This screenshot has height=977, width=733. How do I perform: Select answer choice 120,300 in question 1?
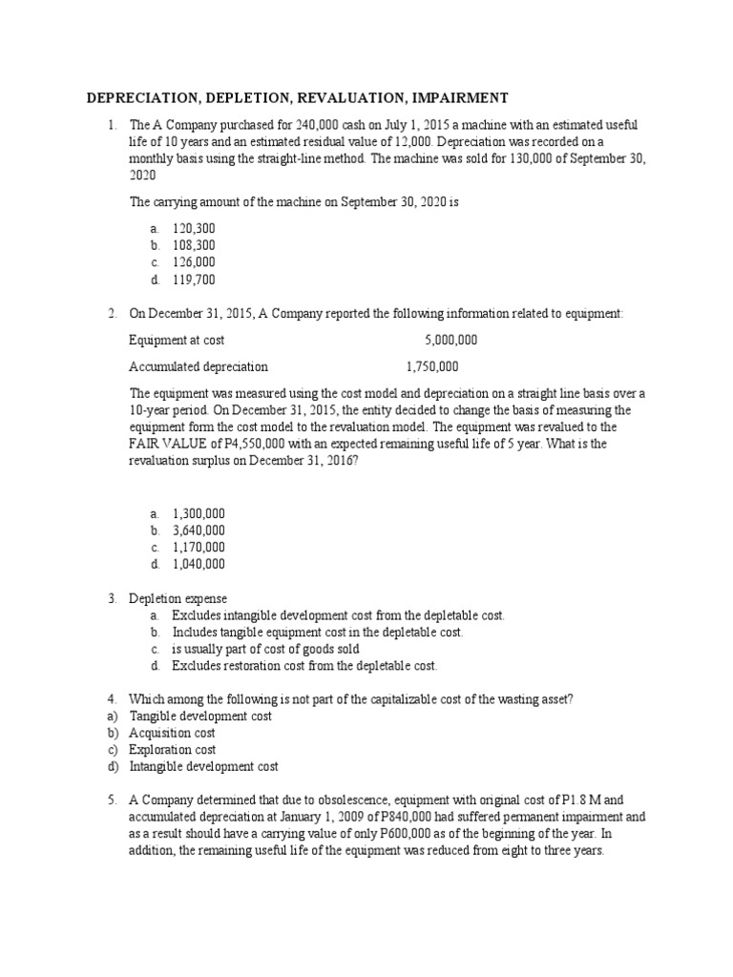click(194, 229)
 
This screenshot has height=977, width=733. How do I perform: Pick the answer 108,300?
click(194, 245)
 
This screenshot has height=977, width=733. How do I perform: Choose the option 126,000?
click(194, 262)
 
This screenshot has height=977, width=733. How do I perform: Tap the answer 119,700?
click(194, 280)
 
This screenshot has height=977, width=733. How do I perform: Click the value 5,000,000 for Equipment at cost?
click(451, 340)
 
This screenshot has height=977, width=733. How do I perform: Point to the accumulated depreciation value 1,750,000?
click(432, 366)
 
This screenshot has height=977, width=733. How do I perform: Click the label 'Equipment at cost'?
click(177, 340)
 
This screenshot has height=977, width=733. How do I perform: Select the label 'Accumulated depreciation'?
click(199, 366)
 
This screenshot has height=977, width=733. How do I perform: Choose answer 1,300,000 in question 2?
click(199, 513)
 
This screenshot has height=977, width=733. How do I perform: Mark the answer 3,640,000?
click(199, 530)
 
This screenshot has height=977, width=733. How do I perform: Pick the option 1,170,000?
click(199, 548)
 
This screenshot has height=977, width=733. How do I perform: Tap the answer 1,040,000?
click(199, 564)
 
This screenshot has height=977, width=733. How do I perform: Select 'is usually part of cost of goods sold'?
click(265, 649)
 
